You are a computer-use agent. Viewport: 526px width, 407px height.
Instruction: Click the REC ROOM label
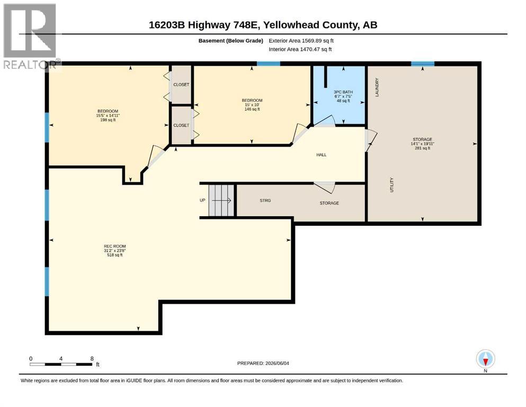[x=115, y=246]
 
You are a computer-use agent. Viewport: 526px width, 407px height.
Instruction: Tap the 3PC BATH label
[x=343, y=92]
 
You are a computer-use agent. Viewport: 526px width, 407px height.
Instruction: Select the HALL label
[x=322, y=155]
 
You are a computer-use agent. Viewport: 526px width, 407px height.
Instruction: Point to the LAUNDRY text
[x=377, y=87]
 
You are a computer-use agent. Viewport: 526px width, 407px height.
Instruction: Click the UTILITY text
[x=391, y=185]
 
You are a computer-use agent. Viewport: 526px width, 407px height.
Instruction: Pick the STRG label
[x=265, y=200]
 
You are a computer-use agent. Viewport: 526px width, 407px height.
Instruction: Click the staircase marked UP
[x=221, y=200]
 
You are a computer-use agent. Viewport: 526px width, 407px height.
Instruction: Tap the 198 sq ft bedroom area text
[x=108, y=120]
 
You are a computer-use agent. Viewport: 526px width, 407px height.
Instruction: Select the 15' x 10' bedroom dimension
[x=252, y=105]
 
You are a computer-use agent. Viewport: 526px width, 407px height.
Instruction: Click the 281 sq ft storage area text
[x=422, y=148]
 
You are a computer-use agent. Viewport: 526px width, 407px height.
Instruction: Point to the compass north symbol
[x=485, y=359]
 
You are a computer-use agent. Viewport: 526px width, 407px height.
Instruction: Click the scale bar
[x=61, y=364]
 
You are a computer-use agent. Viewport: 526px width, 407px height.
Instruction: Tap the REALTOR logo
[x=30, y=36]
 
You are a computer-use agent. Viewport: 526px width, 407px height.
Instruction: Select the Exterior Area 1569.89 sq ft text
[x=301, y=41]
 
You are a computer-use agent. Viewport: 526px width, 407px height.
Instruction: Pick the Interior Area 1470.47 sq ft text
[x=300, y=49]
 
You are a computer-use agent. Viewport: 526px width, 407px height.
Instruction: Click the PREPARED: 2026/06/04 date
[x=263, y=363]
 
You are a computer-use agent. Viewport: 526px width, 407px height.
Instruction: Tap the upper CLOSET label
[x=181, y=85]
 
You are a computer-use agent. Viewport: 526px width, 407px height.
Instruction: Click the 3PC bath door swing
[x=324, y=120]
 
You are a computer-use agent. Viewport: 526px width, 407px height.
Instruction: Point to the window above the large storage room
[x=423, y=64]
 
